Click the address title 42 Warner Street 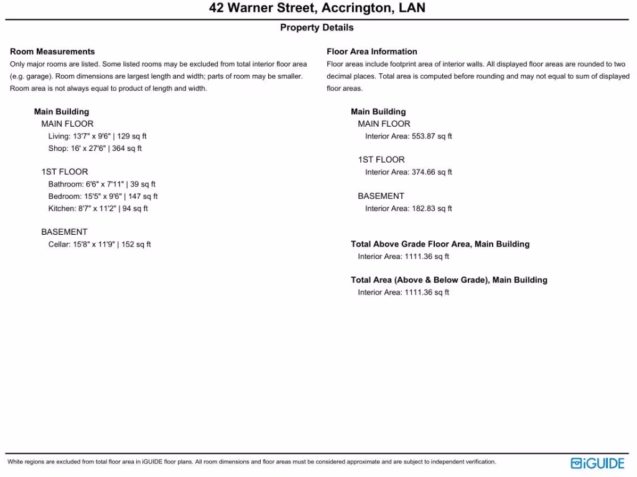point(317,9)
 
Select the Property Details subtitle point(317,27)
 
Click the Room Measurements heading point(52,52)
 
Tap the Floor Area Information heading point(372,52)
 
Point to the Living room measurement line point(98,136)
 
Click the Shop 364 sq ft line point(95,148)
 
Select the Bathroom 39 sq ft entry point(102,184)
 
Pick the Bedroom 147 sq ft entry point(103,196)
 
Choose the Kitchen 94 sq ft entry point(98,209)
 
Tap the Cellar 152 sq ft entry point(100,245)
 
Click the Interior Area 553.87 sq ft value point(409,136)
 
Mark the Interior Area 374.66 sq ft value point(409,172)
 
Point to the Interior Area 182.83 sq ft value point(409,209)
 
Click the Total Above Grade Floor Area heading point(440,244)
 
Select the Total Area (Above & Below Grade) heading point(449,280)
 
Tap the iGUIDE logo point(597,463)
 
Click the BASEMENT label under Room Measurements point(65,232)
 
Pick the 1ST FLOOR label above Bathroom point(65,171)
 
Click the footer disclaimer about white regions point(252,462)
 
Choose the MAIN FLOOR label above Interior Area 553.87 point(384,124)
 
